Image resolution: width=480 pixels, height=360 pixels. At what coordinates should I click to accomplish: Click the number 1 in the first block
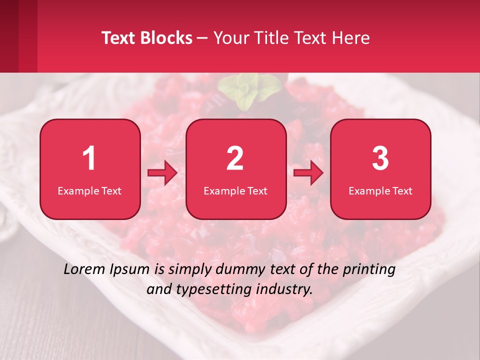pos(89,158)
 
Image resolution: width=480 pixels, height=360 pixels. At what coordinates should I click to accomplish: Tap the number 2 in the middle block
pos(235,158)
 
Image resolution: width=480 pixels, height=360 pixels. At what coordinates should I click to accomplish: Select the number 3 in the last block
pos(380,158)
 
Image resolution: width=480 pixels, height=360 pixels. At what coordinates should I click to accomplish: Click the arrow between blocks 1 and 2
pos(162,173)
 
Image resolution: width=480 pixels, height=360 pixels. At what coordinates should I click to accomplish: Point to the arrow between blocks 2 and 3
pos(308,173)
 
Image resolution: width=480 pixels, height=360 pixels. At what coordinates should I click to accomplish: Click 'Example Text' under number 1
pos(89,190)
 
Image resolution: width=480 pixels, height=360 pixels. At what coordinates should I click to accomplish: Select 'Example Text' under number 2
pos(235,190)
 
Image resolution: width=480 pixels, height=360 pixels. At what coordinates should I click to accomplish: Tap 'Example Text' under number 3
pos(380,190)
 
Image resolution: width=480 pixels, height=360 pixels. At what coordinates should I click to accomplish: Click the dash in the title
pos(202,38)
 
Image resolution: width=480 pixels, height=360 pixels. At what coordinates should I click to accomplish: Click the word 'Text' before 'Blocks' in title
pos(119,38)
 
